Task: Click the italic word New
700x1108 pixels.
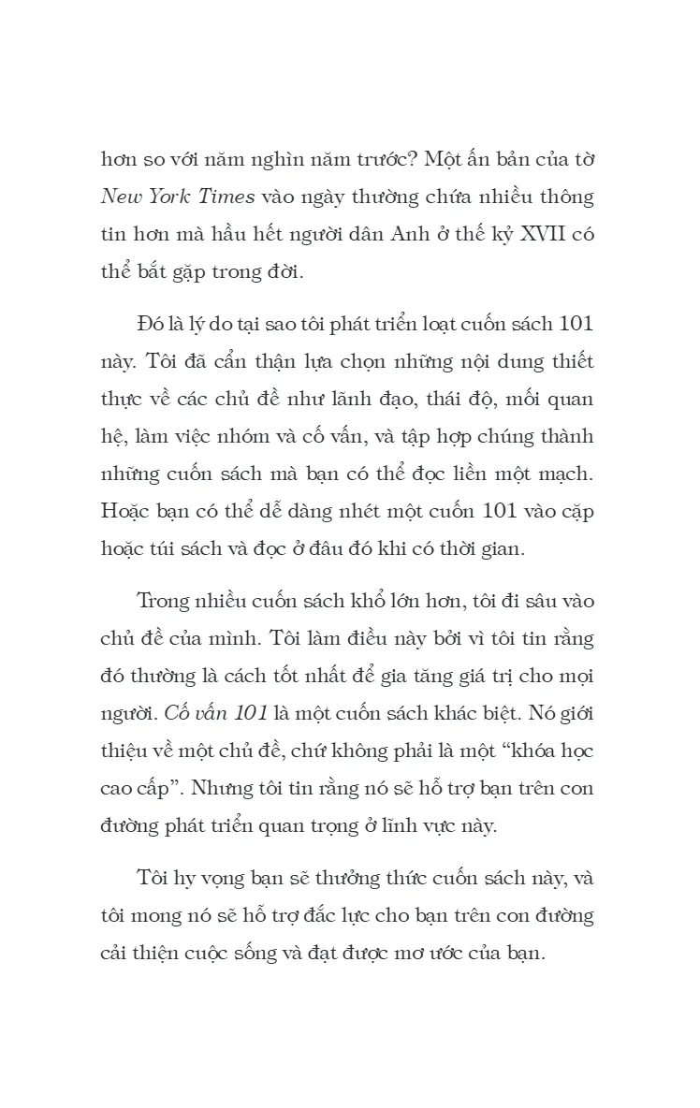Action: coord(122,199)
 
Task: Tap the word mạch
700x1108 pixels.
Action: coord(562,474)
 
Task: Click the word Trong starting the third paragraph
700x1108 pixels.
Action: coord(164,601)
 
